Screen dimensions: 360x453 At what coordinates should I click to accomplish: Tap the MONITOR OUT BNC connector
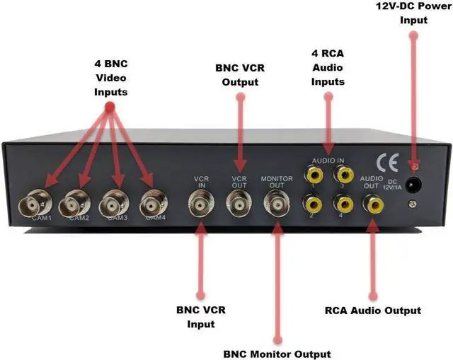(x=277, y=204)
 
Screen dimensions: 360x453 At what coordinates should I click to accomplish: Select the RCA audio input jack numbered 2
(x=311, y=204)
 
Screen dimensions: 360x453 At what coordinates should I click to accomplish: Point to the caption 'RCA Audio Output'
(x=372, y=310)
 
